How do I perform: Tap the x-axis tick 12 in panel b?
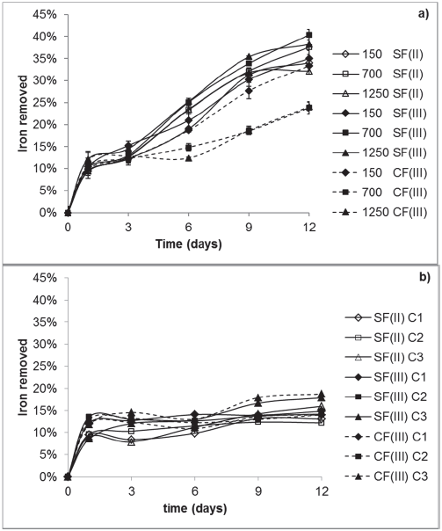(322, 490)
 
